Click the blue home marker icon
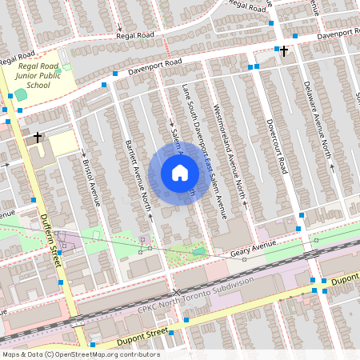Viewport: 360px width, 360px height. (180, 172)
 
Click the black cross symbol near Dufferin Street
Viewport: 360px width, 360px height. (37, 138)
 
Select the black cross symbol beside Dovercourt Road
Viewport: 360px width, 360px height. (283, 50)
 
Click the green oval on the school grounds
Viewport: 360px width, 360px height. (21, 94)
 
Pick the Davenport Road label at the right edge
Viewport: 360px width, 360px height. (336, 36)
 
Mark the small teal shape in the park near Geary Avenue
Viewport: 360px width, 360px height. (198, 251)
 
